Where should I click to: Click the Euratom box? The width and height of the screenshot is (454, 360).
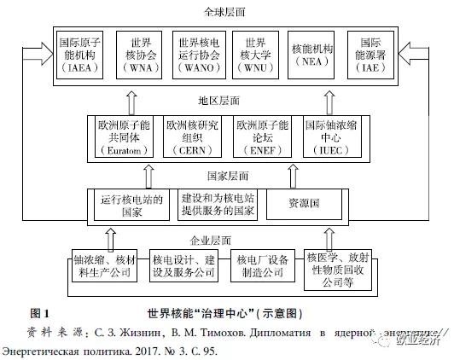pos(124,137)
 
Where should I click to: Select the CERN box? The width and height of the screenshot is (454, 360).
pos(193,137)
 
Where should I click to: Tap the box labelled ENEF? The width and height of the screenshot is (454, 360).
pos(261,137)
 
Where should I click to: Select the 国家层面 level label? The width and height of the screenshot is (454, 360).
pos(226,176)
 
